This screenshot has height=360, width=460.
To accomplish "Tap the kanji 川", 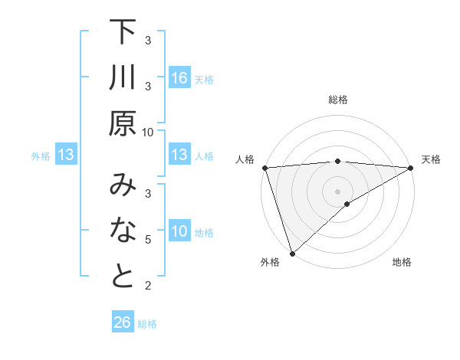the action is pyautogui.click(x=123, y=79).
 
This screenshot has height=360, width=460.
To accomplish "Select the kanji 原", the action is pyautogui.click(x=123, y=123).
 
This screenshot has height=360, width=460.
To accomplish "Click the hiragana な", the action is pyautogui.click(x=123, y=231).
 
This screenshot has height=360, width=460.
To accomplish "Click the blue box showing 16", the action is pyautogui.click(x=179, y=78).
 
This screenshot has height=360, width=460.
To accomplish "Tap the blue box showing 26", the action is pyautogui.click(x=123, y=322).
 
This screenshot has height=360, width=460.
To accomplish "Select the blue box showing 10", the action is pyautogui.click(x=179, y=231).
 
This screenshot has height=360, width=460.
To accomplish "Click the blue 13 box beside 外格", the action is pyautogui.click(x=65, y=155).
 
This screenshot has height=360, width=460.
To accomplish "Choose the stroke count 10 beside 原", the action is pyautogui.click(x=148, y=132).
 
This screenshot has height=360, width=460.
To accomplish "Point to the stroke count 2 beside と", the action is pyautogui.click(x=148, y=286).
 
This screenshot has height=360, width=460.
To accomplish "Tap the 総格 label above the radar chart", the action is pyautogui.click(x=337, y=100).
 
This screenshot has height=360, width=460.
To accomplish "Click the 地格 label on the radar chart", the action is pyautogui.click(x=402, y=263).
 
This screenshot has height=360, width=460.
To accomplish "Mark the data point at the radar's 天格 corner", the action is pyautogui.click(x=411, y=168).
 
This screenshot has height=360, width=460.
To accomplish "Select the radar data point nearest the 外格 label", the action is pyautogui.click(x=292, y=253).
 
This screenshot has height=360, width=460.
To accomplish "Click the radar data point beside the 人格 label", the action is pyautogui.click(x=264, y=168).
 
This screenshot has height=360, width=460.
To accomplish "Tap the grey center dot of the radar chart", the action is pyautogui.click(x=337, y=191).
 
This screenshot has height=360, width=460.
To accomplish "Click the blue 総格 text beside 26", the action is pyautogui.click(x=147, y=324).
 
